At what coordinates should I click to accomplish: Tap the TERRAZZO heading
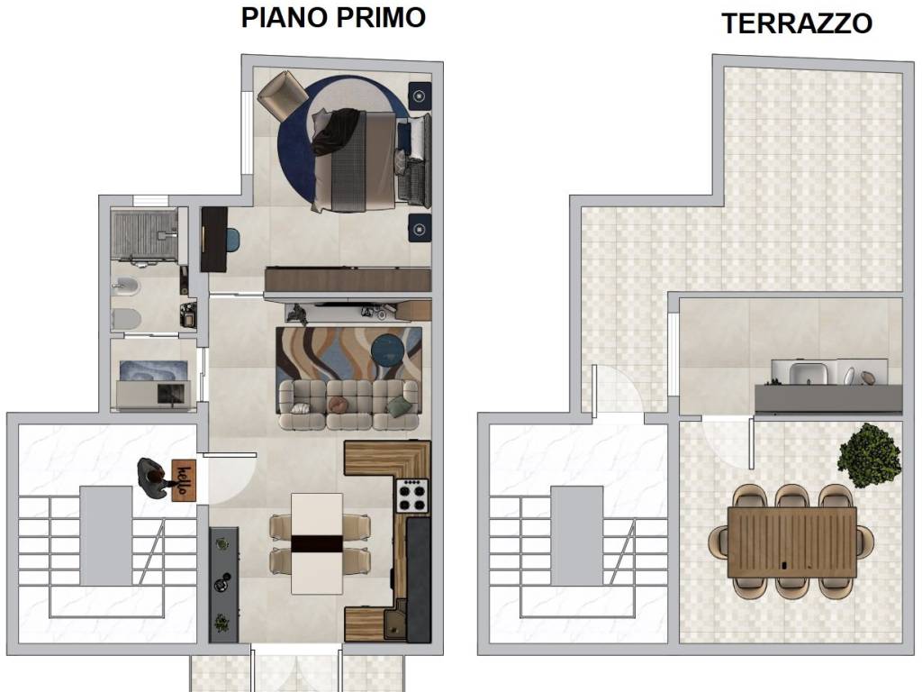tap(796, 23)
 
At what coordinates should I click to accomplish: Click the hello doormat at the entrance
tap(185, 477)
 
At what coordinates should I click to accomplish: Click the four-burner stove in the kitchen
tap(412, 496)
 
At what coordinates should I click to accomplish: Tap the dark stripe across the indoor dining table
tap(318, 543)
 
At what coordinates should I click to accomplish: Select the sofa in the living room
tap(348, 403)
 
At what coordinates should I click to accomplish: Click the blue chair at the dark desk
tap(231, 241)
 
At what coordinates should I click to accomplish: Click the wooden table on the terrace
tap(792, 541)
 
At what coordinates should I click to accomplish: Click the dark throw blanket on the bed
tap(333, 132)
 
